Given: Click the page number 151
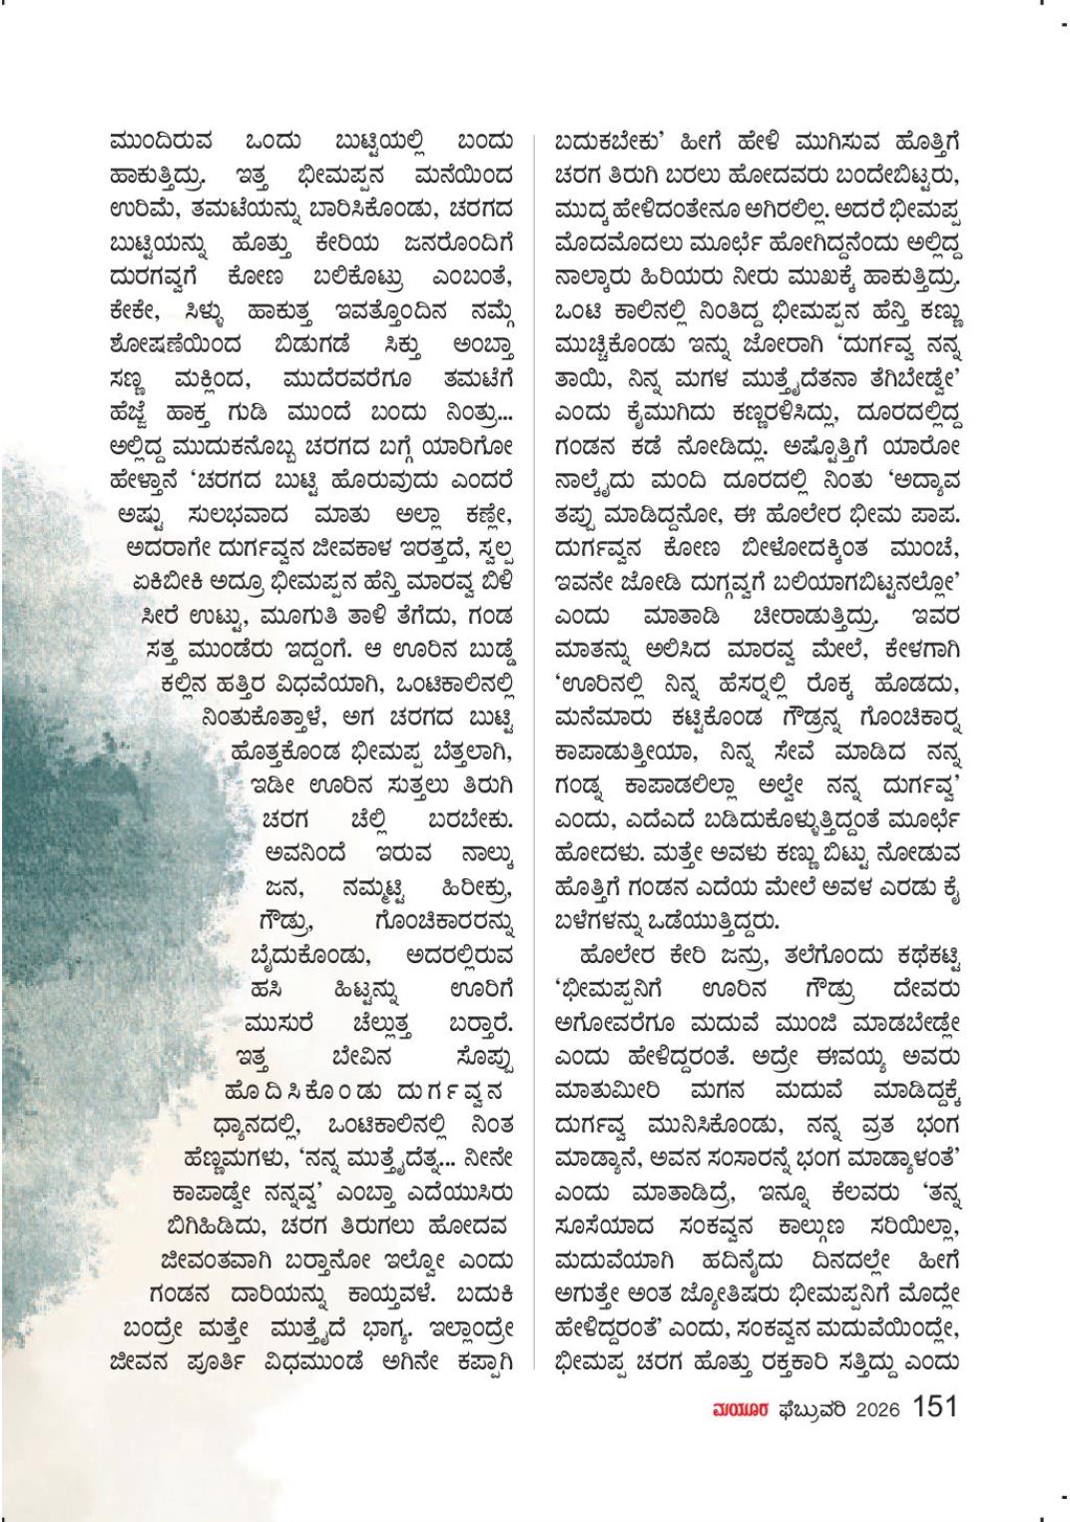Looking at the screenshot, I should [x=935, y=1407].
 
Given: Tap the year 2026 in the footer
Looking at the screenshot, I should [x=877, y=1409].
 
